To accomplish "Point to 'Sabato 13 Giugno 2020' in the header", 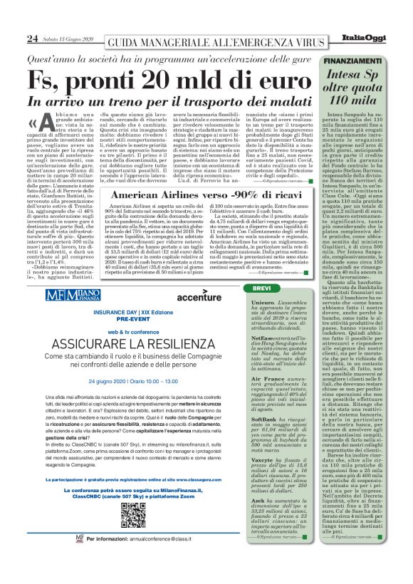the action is pos(67,38).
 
